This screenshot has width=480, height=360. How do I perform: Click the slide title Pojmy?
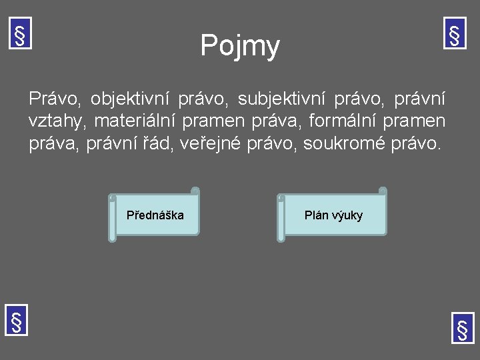click(x=240, y=47)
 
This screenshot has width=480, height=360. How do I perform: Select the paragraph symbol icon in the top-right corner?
click(x=455, y=33)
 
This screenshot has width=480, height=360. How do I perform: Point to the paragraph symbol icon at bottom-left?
click(x=16, y=321)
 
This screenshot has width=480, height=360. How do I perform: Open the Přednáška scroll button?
click(x=155, y=215)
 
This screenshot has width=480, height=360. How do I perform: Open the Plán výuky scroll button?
click(x=333, y=215)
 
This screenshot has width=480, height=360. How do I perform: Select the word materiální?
click(x=139, y=122)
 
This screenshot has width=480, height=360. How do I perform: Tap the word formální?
click(x=343, y=122)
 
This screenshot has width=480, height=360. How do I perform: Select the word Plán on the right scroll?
click(x=316, y=215)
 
